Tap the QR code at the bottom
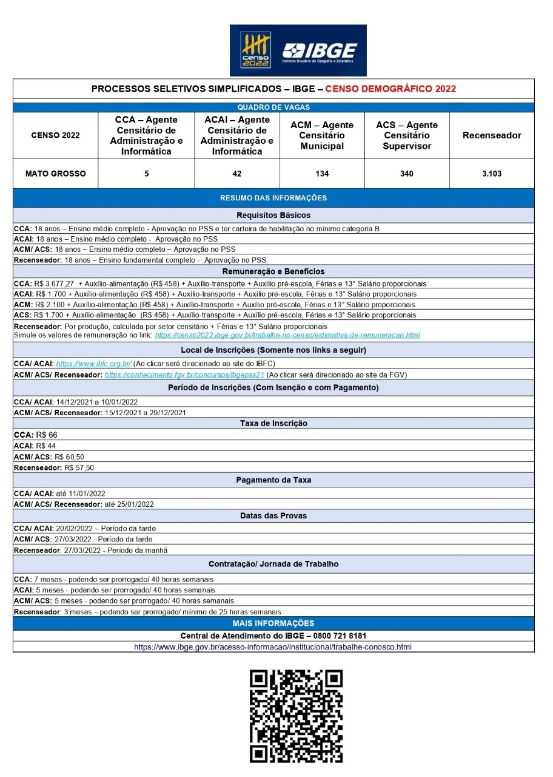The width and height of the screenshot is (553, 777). click(x=297, y=716)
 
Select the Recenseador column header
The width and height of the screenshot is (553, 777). click(x=492, y=135)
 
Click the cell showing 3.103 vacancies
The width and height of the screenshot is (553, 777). click(x=492, y=174)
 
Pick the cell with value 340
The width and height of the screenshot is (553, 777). click(x=407, y=174)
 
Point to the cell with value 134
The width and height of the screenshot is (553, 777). click(x=322, y=174)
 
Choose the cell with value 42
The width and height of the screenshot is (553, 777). click(x=237, y=174)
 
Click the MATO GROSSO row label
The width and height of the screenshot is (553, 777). click(x=55, y=174)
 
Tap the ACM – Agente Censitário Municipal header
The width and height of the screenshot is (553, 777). click(x=322, y=135)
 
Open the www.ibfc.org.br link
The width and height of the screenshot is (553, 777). click(x=94, y=364)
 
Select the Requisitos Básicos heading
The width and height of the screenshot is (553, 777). click(x=273, y=215)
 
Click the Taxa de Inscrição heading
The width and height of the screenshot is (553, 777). click(x=273, y=423)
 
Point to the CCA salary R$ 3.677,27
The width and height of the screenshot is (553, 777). click(x=55, y=283)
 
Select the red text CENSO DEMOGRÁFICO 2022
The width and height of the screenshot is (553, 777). click(x=390, y=89)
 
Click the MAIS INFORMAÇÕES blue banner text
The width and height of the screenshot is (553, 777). click(x=273, y=623)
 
